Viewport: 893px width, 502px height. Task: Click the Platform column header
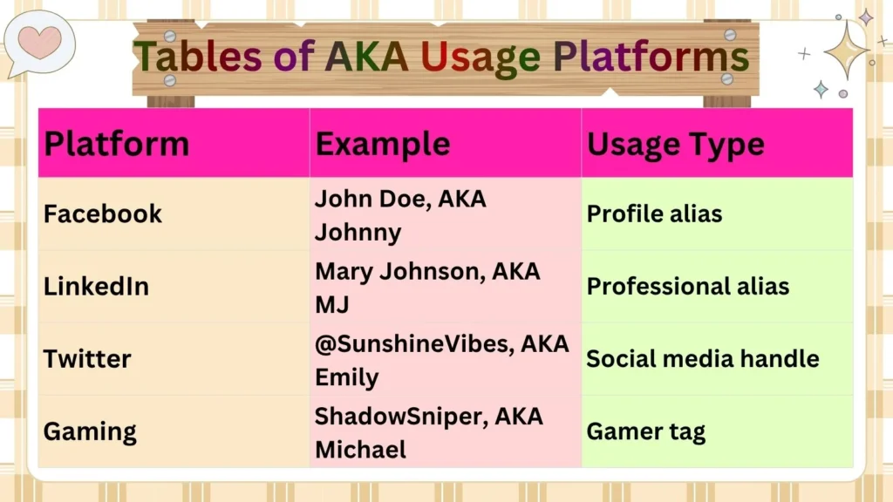coord(116,144)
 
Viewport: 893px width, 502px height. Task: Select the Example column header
coord(383,144)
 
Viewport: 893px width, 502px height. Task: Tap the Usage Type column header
coord(675,144)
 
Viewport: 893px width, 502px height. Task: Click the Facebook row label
coord(103,214)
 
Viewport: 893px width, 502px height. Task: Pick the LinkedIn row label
coord(96,286)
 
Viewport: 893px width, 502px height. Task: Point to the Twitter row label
coord(87,358)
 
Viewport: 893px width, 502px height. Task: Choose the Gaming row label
coord(90,431)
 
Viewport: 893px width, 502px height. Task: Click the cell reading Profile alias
coord(654,214)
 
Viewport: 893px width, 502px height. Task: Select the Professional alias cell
coord(687,286)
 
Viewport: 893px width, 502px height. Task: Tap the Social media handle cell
coord(702,358)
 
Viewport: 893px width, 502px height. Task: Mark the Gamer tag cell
coord(645,431)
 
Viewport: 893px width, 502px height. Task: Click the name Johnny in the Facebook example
coord(358,233)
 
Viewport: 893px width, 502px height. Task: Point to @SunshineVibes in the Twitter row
coord(414,343)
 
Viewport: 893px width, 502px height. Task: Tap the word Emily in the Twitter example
coord(346,378)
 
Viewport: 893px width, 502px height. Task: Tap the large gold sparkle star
coord(846,50)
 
